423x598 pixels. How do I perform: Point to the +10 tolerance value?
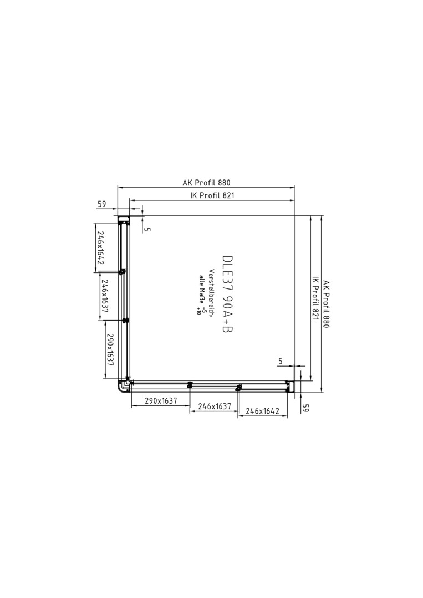[198, 311]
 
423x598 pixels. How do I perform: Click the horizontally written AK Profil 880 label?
[206, 183]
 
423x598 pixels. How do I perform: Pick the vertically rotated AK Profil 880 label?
[325, 304]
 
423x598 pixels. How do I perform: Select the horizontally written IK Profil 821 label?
[212, 195]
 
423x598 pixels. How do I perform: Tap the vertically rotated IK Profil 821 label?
[315, 298]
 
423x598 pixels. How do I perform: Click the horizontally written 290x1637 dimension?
[161, 401]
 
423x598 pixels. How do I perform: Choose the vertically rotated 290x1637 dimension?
[110, 350]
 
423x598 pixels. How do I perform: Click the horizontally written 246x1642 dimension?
[263, 411]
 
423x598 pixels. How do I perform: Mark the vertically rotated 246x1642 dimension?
[100, 248]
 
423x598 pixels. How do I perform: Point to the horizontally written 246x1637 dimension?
[214, 406]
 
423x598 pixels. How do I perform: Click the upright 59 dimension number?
[101, 204]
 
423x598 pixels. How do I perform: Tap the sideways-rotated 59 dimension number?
[305, 408]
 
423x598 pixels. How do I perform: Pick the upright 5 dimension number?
[281, 361]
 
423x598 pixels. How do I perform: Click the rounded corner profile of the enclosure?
[123, 386]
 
